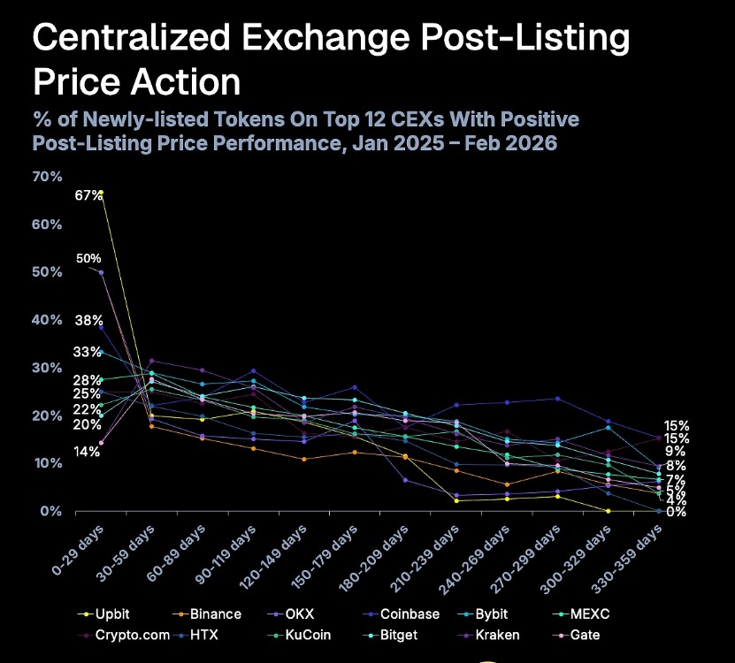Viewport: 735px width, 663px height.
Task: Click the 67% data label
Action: tap(88, 195)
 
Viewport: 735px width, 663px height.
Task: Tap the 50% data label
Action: tap(88, 258)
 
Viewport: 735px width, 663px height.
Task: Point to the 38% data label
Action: tap(88, 321)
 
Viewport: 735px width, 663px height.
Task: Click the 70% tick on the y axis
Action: tap(47, 177)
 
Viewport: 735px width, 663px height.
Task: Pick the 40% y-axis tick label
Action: tap(47, 320)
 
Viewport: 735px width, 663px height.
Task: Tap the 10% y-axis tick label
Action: tap(47, 463)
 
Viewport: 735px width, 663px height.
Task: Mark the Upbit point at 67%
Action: tap(101, 192)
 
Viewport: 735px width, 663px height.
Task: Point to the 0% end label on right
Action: tap(676, 512)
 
